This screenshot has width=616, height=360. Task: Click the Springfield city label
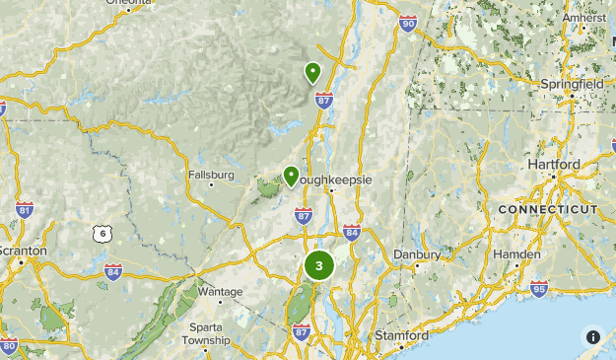click(x=572, y=85)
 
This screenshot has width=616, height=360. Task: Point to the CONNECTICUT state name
click(x=548, y=210)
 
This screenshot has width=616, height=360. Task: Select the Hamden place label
click(x=519, y=254)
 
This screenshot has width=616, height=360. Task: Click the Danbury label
click(x=417, y=253)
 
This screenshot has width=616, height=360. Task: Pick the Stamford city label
click(x=401, y=335)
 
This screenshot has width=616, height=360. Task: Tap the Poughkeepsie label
click(x=330, y=180)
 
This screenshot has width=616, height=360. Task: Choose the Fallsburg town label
click(x=211, y=176)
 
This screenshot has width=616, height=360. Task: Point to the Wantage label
click(x=219, y=292)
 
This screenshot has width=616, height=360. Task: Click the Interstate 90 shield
click(x=408, y=24)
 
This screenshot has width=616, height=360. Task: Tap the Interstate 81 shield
click(x=25, y=210)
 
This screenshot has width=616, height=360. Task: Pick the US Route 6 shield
click(x=101, y=234)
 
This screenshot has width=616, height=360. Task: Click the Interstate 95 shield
click(x=539, y=288)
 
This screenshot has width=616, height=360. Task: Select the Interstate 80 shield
click(x=9, y=346)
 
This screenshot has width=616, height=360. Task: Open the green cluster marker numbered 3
click(x=318, y=265)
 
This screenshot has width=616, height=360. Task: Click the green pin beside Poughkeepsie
click(x=292, y=176)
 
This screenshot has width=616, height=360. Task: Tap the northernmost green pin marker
click(x=313, y=72)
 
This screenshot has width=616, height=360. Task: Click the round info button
click(x=592, y=336)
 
